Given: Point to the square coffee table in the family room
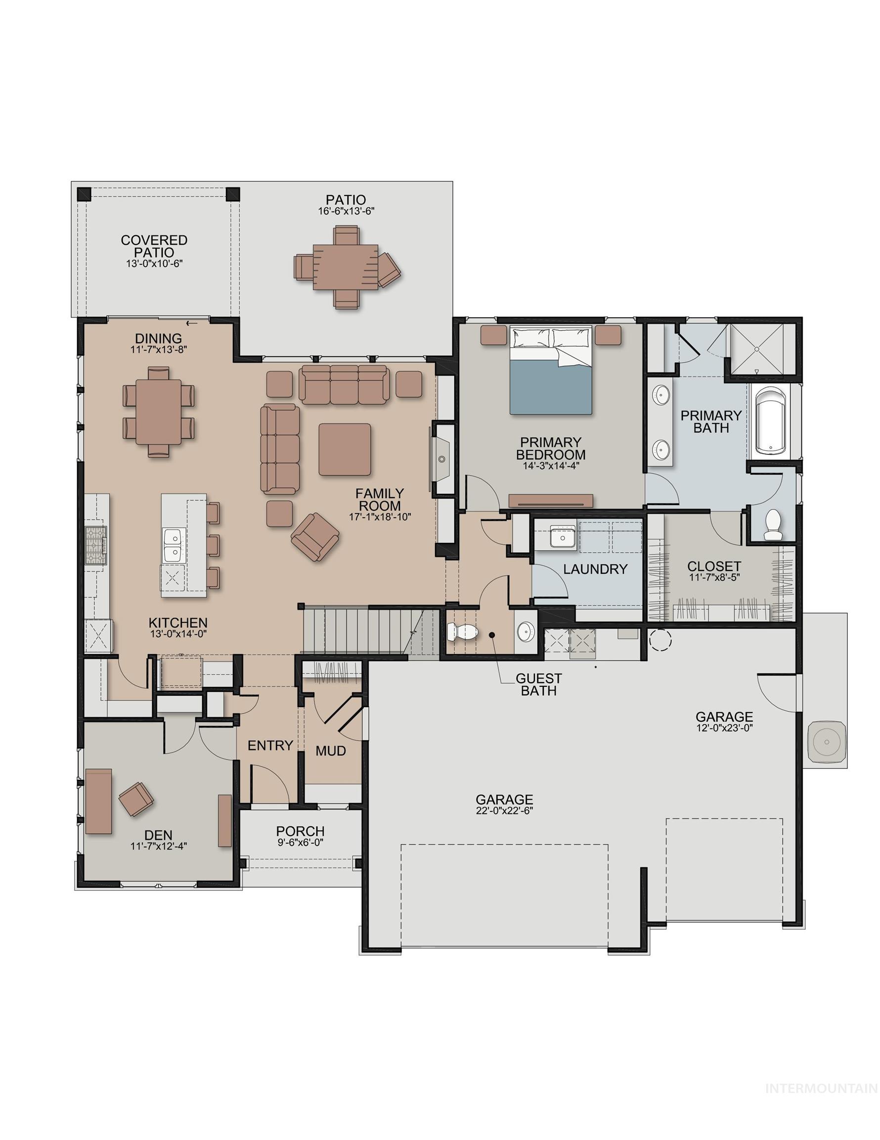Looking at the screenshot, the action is pos(345,449).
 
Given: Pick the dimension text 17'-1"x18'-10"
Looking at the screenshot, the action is pos(380,517).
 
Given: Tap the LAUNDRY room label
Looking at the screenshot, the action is pos(595,569).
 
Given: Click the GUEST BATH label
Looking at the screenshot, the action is pos(538,684).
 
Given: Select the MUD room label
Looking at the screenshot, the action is pos(331,751).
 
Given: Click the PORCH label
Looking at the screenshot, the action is pos(301,830).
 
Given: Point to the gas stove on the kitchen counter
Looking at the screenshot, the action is pos(96,545).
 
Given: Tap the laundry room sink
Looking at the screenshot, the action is pos(562,536).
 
